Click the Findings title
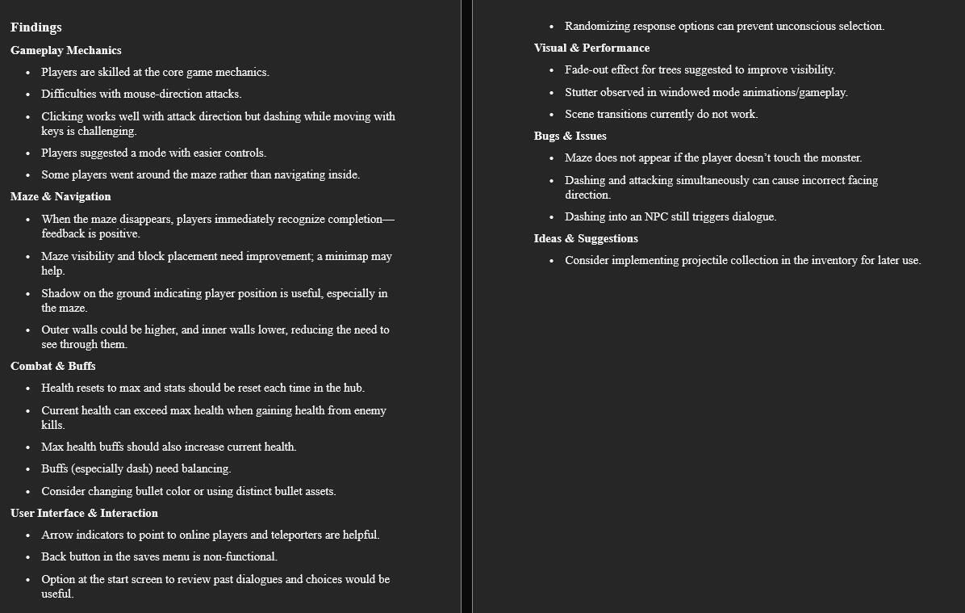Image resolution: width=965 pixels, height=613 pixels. point(36,27)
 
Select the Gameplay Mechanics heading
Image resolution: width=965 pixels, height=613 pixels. point(66,50)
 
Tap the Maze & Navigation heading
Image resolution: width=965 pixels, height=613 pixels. point(61,196)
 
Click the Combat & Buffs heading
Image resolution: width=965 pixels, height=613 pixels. point(53,366)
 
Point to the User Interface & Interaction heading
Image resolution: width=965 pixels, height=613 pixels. point(84,513)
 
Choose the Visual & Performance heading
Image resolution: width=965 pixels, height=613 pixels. point(591,48)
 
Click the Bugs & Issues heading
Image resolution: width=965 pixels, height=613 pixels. point(570,136)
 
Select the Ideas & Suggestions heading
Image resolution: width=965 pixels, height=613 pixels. point(586,238)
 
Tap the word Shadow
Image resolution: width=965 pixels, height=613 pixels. point(61,293)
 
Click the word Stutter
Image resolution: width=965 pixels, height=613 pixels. point(582,92)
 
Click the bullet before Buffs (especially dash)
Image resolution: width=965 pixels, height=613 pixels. point(27,469)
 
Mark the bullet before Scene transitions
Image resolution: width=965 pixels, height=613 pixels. point(551,115)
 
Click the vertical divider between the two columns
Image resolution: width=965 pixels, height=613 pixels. point(466,306)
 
